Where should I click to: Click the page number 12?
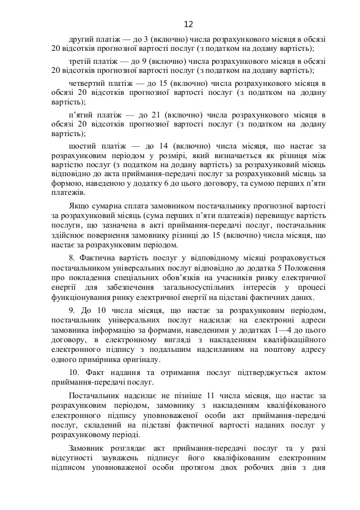click(188, 24)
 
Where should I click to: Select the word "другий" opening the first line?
click(80, 40)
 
